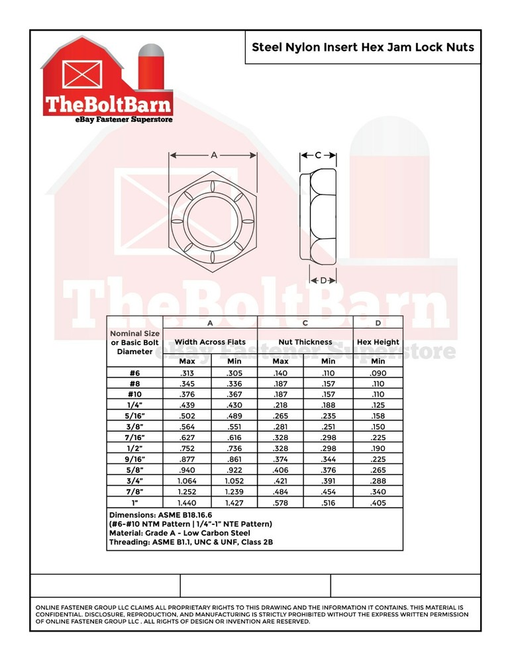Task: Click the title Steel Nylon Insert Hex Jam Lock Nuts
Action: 363,47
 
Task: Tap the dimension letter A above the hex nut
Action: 214,155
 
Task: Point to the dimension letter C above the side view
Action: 318,156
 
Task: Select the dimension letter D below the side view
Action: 323,280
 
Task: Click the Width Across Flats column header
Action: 210,342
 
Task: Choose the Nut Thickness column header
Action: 305,342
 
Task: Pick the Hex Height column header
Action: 378,342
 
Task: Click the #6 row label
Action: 134,373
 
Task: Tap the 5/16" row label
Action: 134,416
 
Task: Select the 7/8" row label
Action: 134,492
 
